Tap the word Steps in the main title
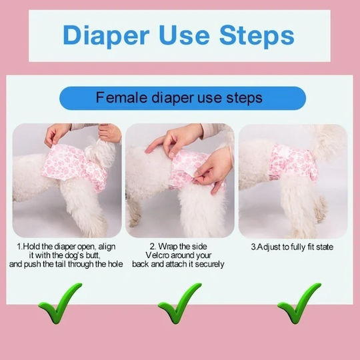257,36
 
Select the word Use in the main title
184,35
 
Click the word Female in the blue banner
121,97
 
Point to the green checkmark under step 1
59,303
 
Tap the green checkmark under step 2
179,303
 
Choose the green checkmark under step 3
299,303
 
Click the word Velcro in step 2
157,255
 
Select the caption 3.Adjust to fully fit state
292,247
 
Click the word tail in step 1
61,264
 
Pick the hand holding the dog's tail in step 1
110,133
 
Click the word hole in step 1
115,264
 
